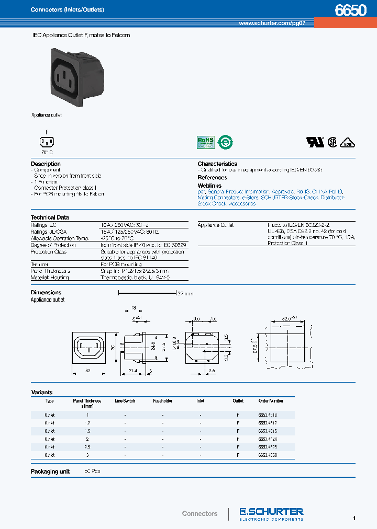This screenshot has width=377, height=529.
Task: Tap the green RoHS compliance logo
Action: (205, 142)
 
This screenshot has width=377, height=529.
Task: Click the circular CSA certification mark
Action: (332, 142)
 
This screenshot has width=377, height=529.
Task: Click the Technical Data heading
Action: (50, 217)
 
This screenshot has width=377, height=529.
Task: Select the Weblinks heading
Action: (209, 186)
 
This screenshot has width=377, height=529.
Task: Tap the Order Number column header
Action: (271, 401)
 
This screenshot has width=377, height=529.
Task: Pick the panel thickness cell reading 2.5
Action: (87, 447)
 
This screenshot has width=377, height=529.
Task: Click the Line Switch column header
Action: (125, 401)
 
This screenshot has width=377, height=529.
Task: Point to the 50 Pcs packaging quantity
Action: (92, 471)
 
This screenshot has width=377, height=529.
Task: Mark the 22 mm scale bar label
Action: (185, 294)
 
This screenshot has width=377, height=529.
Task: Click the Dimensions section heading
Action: (46, 293)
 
